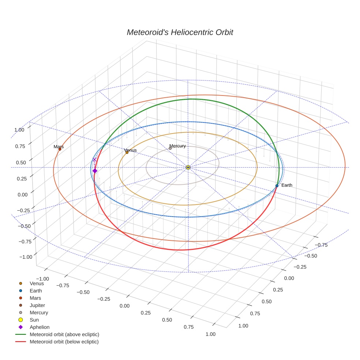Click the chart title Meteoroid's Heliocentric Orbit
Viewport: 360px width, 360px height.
coord(180,32)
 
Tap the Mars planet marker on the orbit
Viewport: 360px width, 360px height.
coord(60,149)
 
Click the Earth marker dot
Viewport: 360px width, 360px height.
coord(277,186)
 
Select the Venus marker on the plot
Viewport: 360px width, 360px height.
coord(127,152)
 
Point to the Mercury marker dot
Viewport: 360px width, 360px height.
coord(170,148)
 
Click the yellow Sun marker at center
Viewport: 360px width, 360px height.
coord(188,167)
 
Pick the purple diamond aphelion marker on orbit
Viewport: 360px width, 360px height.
coord(95,171)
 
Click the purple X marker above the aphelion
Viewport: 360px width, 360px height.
coord(94,160)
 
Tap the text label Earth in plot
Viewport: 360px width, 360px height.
coord(287,185)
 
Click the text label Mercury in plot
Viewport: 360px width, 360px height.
coord(177,146)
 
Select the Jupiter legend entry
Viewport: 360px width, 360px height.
coord(37,305)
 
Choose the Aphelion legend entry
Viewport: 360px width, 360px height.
coord(39,327)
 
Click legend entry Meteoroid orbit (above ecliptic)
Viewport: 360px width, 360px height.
coord(64,334)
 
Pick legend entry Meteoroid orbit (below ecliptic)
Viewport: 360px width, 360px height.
coord(64,342)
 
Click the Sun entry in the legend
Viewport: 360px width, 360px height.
coord(34,320)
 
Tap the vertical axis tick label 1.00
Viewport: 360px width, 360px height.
coord(19,130)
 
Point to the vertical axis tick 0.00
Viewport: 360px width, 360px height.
coord(23,195)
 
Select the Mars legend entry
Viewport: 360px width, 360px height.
coord(35,298)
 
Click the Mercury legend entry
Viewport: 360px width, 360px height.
coord(38,312)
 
